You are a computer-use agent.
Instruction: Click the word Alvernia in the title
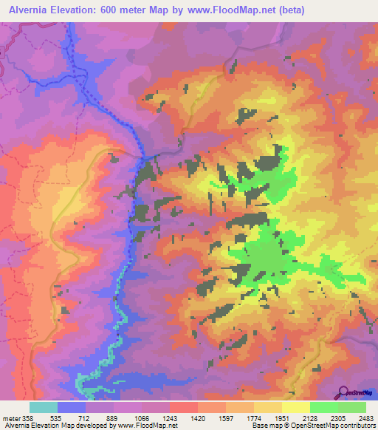pos(30,10)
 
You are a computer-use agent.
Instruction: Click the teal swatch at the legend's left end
pos(44,407)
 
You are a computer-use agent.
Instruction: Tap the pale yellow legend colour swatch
pos(295,407)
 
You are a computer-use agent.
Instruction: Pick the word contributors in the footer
pos(358,426)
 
